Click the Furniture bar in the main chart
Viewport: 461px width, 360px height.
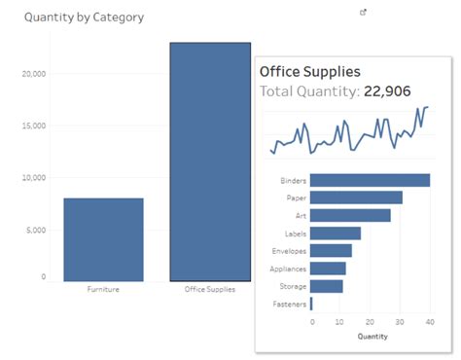(103, 239)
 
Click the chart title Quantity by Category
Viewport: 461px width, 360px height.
(84, 18)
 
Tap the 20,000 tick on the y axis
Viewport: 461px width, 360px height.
(34, 73)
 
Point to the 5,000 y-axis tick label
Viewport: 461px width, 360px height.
(36, 231)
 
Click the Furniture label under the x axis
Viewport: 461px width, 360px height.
(103, 290)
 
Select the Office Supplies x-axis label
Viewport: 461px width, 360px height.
(210, 290)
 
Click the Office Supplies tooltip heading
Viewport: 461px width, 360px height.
(310, 71)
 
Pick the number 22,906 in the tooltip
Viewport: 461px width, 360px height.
(386, 91)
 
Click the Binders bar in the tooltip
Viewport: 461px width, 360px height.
(370, 180)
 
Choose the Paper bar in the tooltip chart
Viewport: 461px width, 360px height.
(356, 198)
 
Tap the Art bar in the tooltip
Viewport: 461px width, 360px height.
(350, 215)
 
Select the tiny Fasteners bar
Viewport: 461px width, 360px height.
(311, 304)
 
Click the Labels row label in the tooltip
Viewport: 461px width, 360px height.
(296, 234)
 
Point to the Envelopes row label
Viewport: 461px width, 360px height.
(290, 251)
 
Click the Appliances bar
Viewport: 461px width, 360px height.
(328, 269)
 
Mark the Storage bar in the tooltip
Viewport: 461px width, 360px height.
(327, 286)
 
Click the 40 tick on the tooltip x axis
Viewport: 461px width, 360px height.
(428, 321)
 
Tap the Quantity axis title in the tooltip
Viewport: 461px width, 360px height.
(372, 337)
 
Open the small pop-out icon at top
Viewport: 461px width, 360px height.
(364, 13)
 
